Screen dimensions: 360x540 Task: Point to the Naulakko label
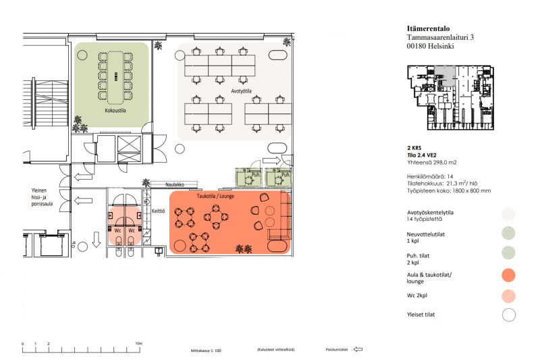pyautogui.click(x=175, y=184)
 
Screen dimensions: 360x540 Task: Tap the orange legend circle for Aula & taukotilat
pyautogui.click(x=509, y=275)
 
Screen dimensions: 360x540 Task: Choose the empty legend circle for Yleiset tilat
pyautogui.click(x=509, y=314)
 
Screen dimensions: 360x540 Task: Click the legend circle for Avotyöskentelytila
pyautogui.click(x=509, y=214)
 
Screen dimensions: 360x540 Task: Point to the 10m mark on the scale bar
pyautogui.click(x=138, y=343)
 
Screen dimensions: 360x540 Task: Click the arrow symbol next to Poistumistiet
pyautogui.click(x=358, y=349)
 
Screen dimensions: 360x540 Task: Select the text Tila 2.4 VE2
pyautogui.click(x=425, y=155)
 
